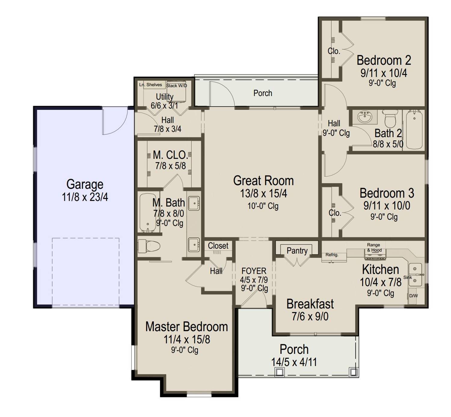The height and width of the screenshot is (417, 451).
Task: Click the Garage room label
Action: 85,184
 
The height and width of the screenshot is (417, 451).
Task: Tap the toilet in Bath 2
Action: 390,119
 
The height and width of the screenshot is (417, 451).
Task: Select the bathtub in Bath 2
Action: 414,129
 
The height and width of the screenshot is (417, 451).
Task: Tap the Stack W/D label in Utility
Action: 176,86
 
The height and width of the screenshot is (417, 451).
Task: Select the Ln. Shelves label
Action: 150,85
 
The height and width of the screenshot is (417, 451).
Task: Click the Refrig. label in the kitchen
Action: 332,255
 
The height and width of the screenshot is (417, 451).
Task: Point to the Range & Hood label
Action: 374,247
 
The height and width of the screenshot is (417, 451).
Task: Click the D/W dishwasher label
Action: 413,296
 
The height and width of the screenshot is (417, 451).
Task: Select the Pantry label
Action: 297,251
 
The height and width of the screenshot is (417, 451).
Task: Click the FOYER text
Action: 254,271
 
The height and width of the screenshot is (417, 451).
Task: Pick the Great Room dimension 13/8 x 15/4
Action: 263,193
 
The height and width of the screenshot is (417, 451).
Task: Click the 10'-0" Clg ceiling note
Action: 263,206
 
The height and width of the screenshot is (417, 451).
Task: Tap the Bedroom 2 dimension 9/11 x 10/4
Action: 384,73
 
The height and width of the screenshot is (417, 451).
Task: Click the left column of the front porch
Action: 279,372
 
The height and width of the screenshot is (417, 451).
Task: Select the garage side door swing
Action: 115,122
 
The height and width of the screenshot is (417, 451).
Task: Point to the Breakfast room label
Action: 310,304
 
